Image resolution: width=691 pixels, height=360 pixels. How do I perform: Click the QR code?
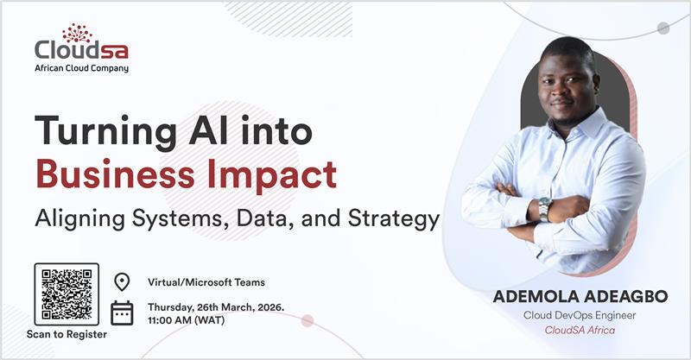point(67,294)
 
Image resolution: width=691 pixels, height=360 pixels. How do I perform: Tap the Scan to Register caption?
point(67,334)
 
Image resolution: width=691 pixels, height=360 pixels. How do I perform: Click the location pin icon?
point(122,282)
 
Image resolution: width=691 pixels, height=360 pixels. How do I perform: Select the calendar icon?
point(122,313)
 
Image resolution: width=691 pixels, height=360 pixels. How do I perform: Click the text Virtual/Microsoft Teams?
point(206,282)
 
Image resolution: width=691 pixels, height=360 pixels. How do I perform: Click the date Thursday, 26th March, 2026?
point(216,306)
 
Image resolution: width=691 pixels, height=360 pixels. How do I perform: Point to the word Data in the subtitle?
point(272,217)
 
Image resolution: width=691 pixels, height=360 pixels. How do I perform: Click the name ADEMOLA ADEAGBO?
point(580,297)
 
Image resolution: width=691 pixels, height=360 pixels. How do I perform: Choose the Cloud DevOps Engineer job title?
point(580,315)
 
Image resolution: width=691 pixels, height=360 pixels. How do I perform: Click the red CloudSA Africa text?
point(580,331)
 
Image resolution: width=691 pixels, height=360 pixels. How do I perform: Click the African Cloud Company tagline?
point(82,68)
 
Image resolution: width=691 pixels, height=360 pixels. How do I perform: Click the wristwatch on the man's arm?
point(544,208)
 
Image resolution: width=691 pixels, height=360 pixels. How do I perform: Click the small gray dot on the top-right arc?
point(663,28)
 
